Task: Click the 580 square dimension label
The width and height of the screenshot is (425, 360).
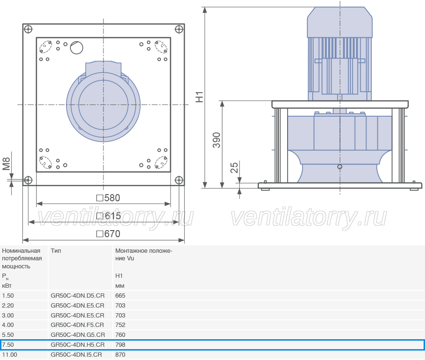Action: [109, 198]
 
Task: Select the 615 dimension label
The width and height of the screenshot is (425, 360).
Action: [109, 216]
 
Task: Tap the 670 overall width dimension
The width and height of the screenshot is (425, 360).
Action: [109, 234]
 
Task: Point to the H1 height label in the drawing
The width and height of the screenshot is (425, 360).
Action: [199, 97]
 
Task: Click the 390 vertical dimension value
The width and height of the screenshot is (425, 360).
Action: [217, 140]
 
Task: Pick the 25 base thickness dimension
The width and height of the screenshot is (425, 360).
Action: [234, 168]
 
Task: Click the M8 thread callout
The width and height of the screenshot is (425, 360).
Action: [6, 164]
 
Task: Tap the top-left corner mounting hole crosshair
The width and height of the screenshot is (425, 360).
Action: [28, 29]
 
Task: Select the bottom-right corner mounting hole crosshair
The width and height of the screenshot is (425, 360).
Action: [179, 180]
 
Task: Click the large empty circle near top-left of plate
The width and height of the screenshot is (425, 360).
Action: [76, 48]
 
